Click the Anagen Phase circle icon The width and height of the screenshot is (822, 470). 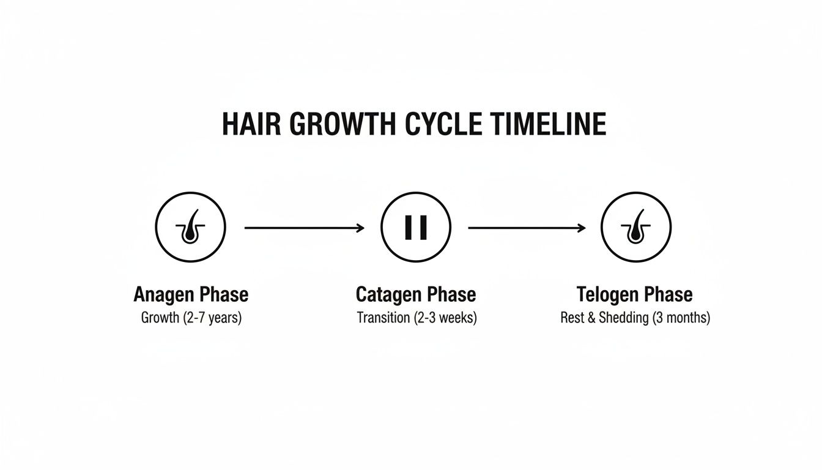pyautogui.click(x=190, y=228)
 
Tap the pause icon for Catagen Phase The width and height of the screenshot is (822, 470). pyautogui.click(x=416, y=228)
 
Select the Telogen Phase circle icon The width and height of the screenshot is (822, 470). pyautogui.click(x=636, y=228)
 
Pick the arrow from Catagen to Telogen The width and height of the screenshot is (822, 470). pyautogui.click(x=527, y=228)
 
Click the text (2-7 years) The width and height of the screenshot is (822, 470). pyautogui.click(x=212, y=318)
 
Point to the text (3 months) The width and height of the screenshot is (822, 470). pyautogui.click(x=681, y=318)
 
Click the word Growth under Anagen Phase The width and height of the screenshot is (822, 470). pyautogui.click(x=160, y=318)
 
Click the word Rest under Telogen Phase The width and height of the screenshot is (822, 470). pyautogui.click(x=572, y=318)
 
